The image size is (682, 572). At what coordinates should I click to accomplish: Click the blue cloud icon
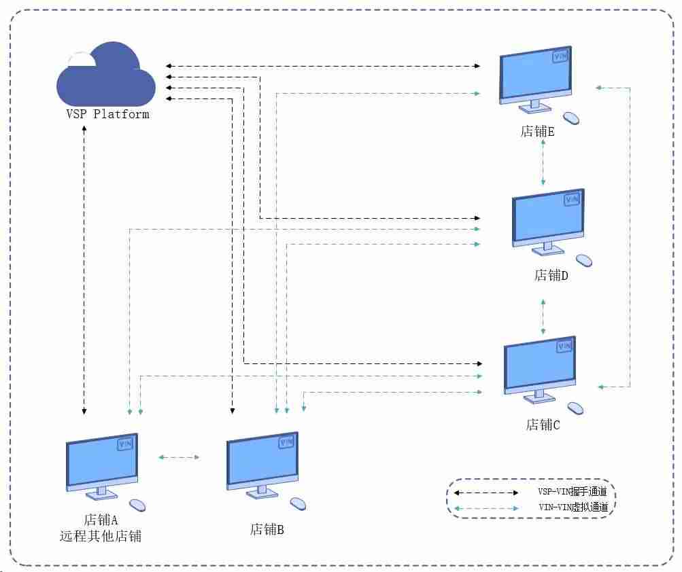pyautogui.click(x=106, y=74)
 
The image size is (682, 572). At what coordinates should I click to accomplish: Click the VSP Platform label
pyautogui.click(x=107, y=114)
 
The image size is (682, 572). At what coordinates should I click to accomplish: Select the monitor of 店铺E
pyautogui.click(x=535, y=79)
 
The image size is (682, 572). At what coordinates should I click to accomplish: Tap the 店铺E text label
pyautogui.click(x=538, y=131)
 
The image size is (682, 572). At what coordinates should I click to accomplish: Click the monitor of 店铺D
pyautogui.click(x=549, y=222)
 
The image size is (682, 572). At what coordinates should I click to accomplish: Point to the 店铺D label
pyautogui.click(x=551, y=275)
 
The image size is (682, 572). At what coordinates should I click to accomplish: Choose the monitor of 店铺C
pyautogui.click(x=540, y=370)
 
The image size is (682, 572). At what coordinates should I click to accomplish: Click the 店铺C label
pyautogui.click(x=543, y=425)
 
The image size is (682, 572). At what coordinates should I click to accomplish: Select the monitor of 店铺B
pyautogui.click(x=262, y=465)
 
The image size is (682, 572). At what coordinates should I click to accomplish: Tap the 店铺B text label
pyautogui.click(x=267, y=529)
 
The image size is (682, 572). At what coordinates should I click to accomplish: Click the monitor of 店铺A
pyautogui.click(x=102, y=467)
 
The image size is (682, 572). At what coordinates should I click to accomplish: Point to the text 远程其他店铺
pyautogui.click(x=101, y=537)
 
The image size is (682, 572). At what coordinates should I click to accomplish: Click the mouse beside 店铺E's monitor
pyautogui.click(x=571, y=118)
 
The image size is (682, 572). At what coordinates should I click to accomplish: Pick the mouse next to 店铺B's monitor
pyautogui.click(x=298, y=504)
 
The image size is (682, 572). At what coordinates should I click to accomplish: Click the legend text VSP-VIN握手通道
pyautogui.click(x=573, y=492)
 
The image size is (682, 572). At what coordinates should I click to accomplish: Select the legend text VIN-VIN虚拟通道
pyautogui.click(x=573, y=507)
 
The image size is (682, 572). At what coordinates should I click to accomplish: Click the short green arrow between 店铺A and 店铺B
pyautogui.click(x=179, y=457)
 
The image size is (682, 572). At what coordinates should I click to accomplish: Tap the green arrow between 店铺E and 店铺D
pyautogui.click(x=543, y=162)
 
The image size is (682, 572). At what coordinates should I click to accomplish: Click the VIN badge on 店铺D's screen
pyautogui.click(x=572, y=200)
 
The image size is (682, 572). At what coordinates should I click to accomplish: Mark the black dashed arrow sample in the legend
pyautogui.click(x=486, y=493)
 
